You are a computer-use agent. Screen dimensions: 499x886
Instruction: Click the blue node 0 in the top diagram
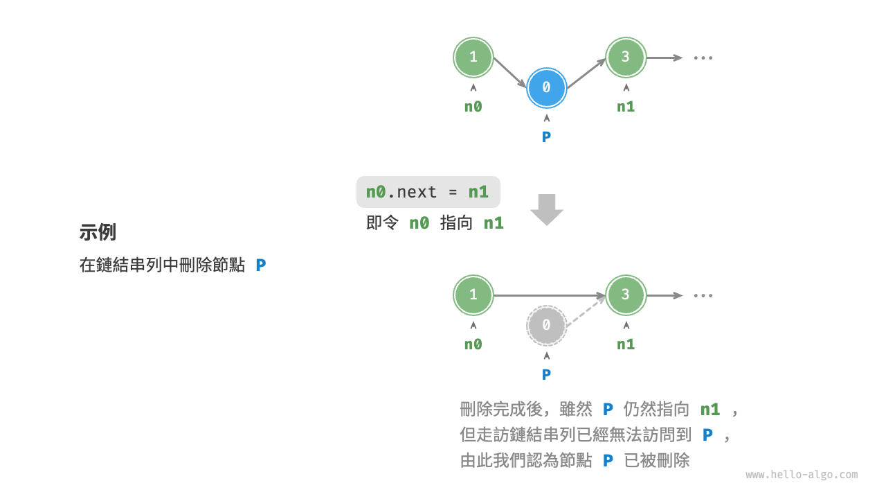[546, 87]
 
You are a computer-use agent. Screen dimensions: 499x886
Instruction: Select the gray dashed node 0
[546, 325]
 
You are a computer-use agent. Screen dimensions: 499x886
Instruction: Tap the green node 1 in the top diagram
[473, 57]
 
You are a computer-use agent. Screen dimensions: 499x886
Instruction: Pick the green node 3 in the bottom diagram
[626, 295]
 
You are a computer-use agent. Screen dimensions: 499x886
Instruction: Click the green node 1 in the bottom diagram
[473, 295]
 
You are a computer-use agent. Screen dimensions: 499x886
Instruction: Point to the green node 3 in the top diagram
[626, 57]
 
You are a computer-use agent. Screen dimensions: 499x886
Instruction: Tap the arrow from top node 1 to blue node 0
[509, 72]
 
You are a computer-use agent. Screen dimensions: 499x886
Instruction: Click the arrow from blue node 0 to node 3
[586, 72]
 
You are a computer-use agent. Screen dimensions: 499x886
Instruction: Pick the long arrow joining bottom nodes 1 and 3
[550, 295]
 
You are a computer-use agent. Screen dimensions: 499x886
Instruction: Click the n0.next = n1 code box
[428, 192]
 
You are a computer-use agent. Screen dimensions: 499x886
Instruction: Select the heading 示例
[98, 232]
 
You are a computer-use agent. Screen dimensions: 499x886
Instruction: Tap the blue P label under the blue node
[546, 137]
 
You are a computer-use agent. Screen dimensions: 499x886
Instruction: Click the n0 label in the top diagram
[473, 107]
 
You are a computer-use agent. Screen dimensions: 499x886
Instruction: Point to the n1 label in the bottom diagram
[626, 344]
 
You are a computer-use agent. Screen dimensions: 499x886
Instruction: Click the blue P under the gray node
[546, 375]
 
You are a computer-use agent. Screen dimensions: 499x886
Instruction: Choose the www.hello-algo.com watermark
[802, 475]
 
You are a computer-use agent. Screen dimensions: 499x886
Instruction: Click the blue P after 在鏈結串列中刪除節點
[261, 265]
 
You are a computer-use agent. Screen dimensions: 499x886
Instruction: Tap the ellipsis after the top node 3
[703, 58]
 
